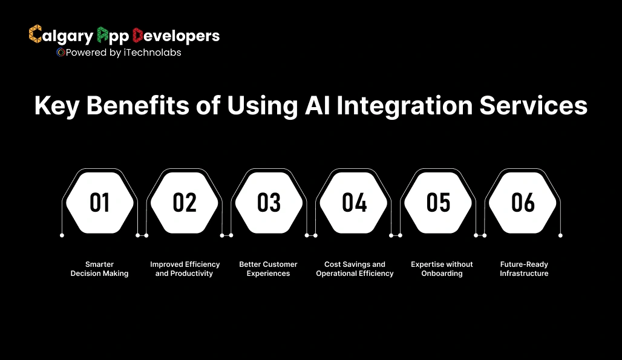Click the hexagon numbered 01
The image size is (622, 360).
pos(99,202)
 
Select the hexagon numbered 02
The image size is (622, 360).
pos(184,202)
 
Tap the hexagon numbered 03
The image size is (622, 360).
pos(269,202)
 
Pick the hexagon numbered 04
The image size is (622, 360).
pos(354,202)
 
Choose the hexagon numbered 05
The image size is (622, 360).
pos(439,202)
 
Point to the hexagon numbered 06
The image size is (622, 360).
pos(523,202)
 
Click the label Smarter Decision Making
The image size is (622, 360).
pos(99,269)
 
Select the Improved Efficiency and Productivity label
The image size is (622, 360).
pos(185,269)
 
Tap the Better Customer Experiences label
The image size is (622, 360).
pos(268,269)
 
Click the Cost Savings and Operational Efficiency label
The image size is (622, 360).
pos(355,269)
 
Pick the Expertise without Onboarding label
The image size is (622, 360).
pos(442,269)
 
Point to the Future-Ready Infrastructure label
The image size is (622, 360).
pos(524,269)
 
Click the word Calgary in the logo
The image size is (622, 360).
pos(61,36)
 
